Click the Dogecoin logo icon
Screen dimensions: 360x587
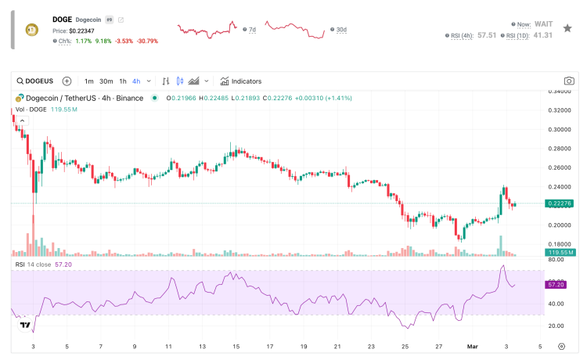pyautogui.click(x=33, y=30)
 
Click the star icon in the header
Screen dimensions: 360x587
pyautogui.click(x=567, y=27)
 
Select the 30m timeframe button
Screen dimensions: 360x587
pyautogui.click(x=106, y=81)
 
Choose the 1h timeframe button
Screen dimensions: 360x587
pyautogui.click(x=123, y=81)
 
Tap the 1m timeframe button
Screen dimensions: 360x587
pyautogui.click(x=89, y=81)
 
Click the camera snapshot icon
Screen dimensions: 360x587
pyautogui.click(x=570, y=81)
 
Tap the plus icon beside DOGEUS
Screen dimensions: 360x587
pyautogui.click(x=67, y=81)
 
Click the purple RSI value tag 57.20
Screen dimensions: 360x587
pyautogui.click(x=560, y=286)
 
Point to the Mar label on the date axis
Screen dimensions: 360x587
pyautogui.click(x=472, y=345)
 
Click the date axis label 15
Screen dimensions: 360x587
pyautogui.click(x=236, y=345)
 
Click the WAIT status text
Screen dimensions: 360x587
pyautogui.click(x=543, y=24)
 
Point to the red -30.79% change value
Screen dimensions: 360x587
pyautogui.click(x=147, y=41)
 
